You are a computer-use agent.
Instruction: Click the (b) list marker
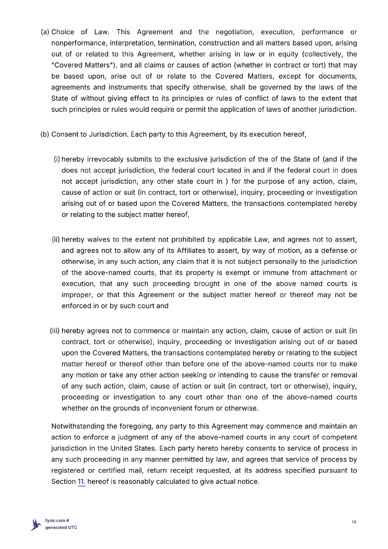(45, 134)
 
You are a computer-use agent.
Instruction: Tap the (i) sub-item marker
(57, 159)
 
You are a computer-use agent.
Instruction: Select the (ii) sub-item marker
(56, 239)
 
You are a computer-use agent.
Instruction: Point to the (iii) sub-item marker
(55, 331)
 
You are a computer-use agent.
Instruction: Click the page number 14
(354, 522)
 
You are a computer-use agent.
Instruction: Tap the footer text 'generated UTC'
(61, 527)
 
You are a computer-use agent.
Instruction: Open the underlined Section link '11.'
(81, 481)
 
